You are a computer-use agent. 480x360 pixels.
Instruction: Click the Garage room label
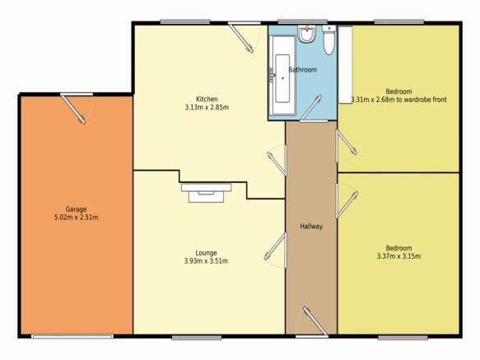pyautogui.click(x=77, y=209)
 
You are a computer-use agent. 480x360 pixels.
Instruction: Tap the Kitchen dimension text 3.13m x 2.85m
pyautogui.click(x=207, y=107)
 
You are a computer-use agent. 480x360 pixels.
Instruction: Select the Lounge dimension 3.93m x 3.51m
pyautogui.click(x=206, y=261)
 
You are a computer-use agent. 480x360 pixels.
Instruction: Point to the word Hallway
pyautogui.click(x=311, y=227)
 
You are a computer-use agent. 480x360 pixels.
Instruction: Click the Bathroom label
pyautogui.click(x=302, y=69)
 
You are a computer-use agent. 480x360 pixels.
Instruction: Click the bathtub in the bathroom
pyautogui.click(x=282, y=75)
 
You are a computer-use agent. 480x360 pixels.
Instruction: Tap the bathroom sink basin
pyautogui.click(x=306, y=34)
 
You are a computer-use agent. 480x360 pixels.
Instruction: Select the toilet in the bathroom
pyautogui.click(x=329, y=40)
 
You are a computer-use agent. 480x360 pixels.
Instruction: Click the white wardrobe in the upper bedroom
pyautogui.click(x=345, y=65)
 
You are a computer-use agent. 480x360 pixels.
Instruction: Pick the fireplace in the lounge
pyautogui.click(x=207, y=193)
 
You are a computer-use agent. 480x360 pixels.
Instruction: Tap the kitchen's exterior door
pyautogui.click(x=242, y=38)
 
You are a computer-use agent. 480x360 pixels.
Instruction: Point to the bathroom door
pyautogui.click(x=310, y=108)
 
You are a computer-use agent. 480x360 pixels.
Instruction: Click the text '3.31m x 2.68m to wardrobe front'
pyautogui.click(x=398, y=100)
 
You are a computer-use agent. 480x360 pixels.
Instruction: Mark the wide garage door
pyautogui.click(x=72, y=337)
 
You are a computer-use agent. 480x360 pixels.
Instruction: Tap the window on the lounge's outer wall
pyautogui.click(x=197, y=338)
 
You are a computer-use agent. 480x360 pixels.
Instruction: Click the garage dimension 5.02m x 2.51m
pyautogui.click(x=77, y=217)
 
